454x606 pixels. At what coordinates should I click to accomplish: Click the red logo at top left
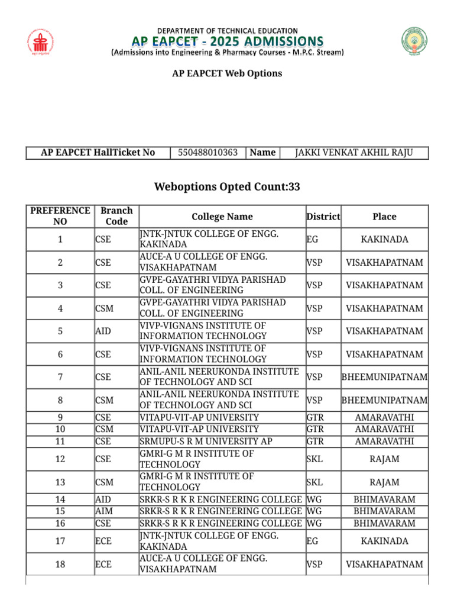(x=39, y=42)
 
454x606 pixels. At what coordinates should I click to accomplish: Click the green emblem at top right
(x=417, y=42)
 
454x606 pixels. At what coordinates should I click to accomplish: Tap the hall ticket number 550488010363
(x=207, y=153)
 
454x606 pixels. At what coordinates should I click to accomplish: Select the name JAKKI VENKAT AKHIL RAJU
(x=354, y=153)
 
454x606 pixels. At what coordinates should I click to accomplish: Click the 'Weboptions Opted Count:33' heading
(x=227, y=187)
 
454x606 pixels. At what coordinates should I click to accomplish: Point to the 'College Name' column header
(x=222, y=217)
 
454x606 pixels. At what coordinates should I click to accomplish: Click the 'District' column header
(x=323, y=217)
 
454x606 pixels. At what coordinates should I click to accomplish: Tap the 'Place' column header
(x=384, y=217)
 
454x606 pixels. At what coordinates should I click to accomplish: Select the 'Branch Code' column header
(x=116, y=216)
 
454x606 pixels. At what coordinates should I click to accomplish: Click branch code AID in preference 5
(x=103, y=331)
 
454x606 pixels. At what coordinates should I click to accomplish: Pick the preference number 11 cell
(x=60, y=441)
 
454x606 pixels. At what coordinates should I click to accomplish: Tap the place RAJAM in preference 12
(x=384, y=459)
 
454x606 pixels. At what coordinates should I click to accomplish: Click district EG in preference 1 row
(x=312, y=240)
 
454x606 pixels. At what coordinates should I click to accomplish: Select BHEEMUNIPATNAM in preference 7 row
(x=384, y=377)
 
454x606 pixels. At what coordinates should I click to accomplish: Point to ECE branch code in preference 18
(x=103, y=565)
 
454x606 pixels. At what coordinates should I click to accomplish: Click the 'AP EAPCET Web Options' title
(x=227, y=73)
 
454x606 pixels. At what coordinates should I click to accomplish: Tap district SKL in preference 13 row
(x=314, y=482)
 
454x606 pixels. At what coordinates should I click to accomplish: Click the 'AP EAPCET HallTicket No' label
(x=98, y=153)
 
